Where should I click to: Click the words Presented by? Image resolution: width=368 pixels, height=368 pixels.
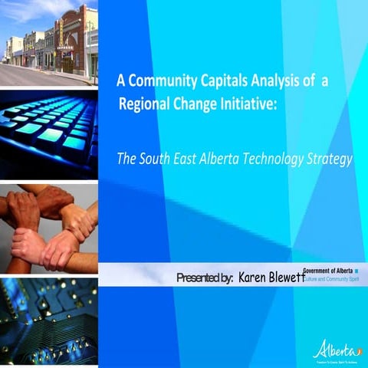[x=205, y=277]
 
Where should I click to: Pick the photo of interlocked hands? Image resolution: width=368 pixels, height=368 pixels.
[x=49, y=228]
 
